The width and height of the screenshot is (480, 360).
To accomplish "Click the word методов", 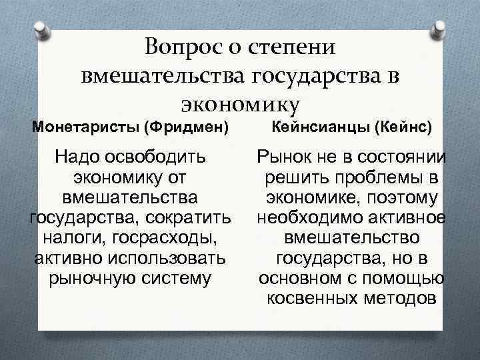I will click(404, 298).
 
